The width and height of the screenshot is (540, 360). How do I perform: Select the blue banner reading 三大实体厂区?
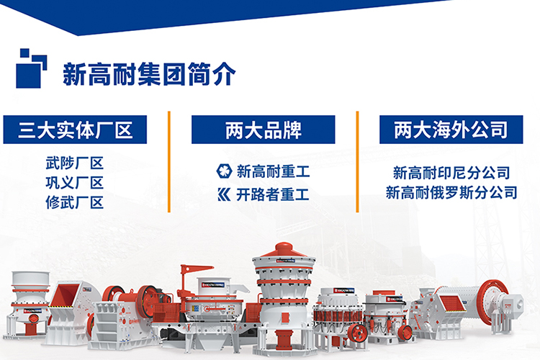point(75,130)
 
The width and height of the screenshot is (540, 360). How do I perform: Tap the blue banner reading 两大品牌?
point(263,130)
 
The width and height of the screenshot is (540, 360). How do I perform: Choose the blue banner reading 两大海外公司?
point(451,130)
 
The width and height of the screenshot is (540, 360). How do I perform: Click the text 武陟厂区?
point(74,163)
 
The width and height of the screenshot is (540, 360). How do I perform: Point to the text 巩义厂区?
point(74,183)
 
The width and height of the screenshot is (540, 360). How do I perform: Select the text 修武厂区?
point(74,202)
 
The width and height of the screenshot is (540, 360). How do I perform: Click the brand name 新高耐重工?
point(273,171)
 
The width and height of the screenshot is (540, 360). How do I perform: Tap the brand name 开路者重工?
point(273,194)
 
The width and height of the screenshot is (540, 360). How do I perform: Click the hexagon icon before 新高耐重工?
point(224,171)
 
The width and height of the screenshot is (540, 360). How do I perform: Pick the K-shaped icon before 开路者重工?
point(224,194)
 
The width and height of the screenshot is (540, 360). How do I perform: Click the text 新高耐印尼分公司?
point(451,173)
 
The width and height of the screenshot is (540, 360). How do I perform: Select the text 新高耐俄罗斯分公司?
point(451,192)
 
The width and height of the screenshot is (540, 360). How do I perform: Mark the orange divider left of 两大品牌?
point(169,161)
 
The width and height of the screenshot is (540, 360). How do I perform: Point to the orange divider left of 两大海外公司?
point(357,161)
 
